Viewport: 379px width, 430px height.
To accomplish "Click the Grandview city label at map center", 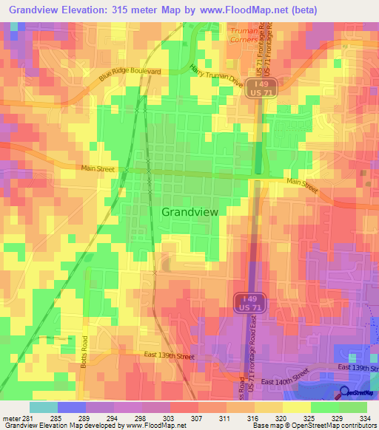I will pyautogui.click(x=189, y=211).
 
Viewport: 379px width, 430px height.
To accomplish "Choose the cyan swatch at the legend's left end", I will pyautogui.click(x=43, y=406).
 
